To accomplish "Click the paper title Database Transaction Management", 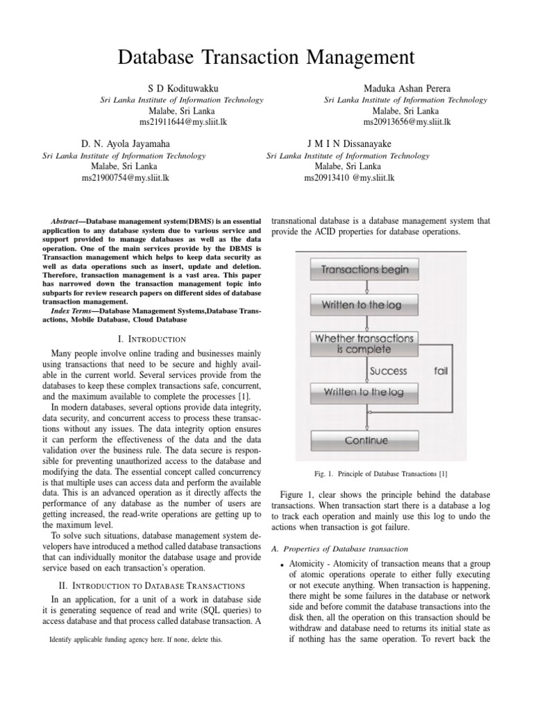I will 266,57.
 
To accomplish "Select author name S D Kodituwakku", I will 183,89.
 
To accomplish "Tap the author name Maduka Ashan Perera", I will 406,89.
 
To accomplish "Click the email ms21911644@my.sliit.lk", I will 183,121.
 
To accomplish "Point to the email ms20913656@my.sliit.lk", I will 406,121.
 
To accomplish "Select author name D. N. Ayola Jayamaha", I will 125,144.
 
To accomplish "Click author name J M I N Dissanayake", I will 349,144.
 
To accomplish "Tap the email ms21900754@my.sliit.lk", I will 125,177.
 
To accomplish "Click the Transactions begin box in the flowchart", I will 365,269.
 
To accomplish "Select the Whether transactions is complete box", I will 365,343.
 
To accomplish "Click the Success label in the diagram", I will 389,371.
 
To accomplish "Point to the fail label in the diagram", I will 441,371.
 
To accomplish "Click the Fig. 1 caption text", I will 380,474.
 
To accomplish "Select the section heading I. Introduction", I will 151,339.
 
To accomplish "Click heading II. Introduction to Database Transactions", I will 151,586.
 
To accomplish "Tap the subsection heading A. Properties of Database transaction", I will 339,549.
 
